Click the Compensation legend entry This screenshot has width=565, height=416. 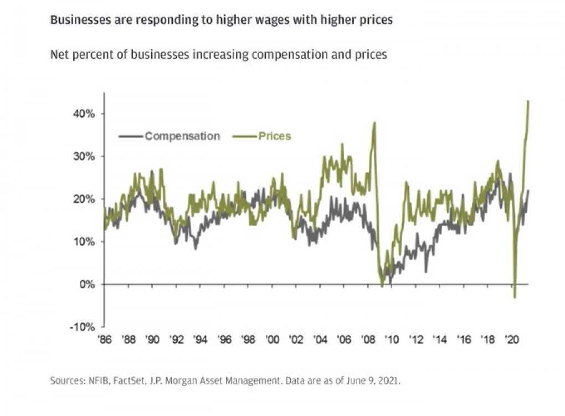coord(182,136)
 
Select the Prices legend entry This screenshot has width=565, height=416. coord(274,136)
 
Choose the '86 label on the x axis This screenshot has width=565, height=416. coord(105,340)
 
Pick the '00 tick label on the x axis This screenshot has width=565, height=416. coord(272,340)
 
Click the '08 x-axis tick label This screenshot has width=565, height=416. coord(368,340)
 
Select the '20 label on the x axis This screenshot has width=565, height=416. coord(511,340)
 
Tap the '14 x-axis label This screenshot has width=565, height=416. coord(440,340)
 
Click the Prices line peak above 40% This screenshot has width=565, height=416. coord(528,101)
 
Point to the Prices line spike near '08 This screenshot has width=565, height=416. coord(375,123)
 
